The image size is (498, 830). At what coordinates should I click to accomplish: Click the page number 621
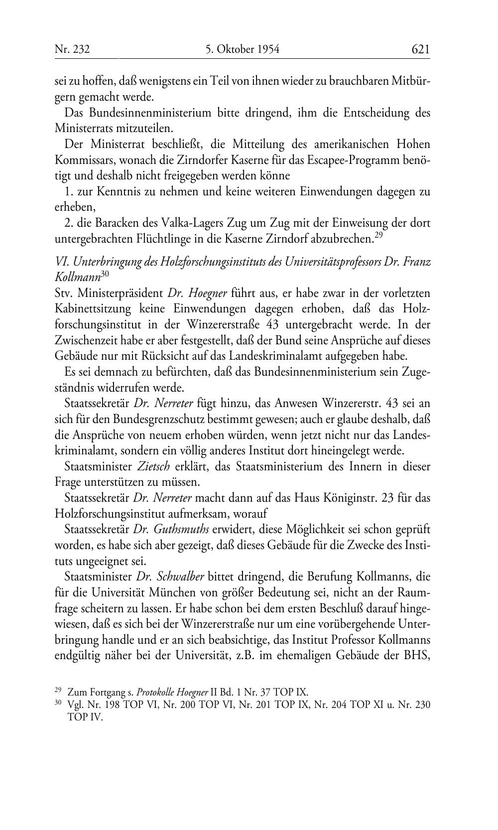[x=420, y=49]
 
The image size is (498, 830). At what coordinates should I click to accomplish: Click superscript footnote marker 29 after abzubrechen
[x=378, y=235]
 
